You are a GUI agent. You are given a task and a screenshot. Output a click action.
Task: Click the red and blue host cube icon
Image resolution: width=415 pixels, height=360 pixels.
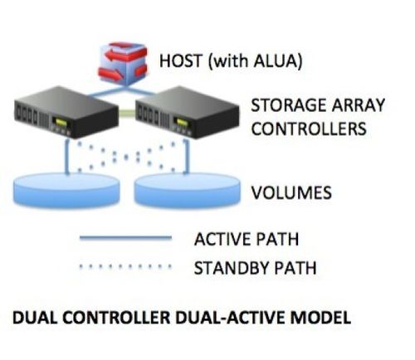point(122,63)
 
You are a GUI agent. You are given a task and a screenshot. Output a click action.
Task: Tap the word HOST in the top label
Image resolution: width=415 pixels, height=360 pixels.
point(180,61)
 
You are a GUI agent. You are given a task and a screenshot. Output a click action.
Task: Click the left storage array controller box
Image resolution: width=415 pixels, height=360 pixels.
point(66,112)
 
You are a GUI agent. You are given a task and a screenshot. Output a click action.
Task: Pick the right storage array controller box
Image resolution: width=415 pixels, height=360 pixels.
point(188,112)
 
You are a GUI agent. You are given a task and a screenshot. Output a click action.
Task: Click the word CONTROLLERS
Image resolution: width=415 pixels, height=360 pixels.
point(309,129)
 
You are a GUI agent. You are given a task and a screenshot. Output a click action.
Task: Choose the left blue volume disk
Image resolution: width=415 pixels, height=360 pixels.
point(66,191)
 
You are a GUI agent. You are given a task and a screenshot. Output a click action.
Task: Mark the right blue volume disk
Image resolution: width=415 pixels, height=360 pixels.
point(187,191)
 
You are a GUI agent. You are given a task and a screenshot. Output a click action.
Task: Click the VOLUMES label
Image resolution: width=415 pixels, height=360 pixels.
point(291,192)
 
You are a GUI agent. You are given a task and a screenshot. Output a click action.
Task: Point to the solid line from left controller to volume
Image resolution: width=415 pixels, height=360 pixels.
point(66,157)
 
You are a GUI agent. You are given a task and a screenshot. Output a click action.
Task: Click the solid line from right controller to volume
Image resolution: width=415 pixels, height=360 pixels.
point(187,157)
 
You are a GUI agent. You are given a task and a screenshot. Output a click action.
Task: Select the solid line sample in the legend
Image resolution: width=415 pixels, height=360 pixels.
point(125,238)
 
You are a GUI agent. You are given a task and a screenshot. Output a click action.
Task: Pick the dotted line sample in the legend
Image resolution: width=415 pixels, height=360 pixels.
point(125,267)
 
